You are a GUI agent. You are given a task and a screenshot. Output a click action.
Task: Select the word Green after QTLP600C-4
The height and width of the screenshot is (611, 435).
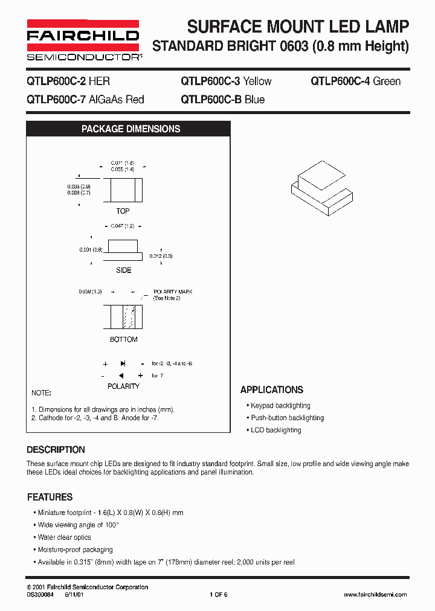[x=387, y=82]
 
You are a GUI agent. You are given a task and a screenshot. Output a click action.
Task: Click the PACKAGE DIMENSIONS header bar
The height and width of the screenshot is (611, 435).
[x=130, y=129]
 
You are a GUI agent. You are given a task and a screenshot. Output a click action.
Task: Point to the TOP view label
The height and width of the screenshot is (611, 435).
[x=123, y=211]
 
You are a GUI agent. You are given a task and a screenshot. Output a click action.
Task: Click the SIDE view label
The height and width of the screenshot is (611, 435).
[x=123, y=270]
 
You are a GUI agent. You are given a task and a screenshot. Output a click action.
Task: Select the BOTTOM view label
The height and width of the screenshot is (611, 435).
[x=123, y=339]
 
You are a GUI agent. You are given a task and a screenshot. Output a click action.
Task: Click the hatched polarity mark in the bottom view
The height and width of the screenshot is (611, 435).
[x=129, y=316]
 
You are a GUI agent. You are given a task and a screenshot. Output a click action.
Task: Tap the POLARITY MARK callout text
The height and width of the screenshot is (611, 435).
[x=173, y=295]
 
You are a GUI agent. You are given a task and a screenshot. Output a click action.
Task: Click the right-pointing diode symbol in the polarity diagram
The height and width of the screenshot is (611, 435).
[x=123, y=364]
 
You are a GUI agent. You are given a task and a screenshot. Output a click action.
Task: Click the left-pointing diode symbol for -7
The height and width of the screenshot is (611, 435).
[x=121, y=376]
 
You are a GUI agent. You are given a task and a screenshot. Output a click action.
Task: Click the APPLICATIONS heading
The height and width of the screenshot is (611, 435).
[x=272, y=390]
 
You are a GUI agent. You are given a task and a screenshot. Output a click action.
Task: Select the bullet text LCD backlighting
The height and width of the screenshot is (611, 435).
[x=275, y=430]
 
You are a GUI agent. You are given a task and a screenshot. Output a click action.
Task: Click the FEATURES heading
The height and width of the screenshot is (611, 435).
[x=50, y=497]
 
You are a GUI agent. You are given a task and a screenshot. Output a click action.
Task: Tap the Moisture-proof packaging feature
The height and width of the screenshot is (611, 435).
[x=76, y=550]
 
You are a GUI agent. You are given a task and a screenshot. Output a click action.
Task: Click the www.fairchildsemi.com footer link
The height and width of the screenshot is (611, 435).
[x=375, y=595]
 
